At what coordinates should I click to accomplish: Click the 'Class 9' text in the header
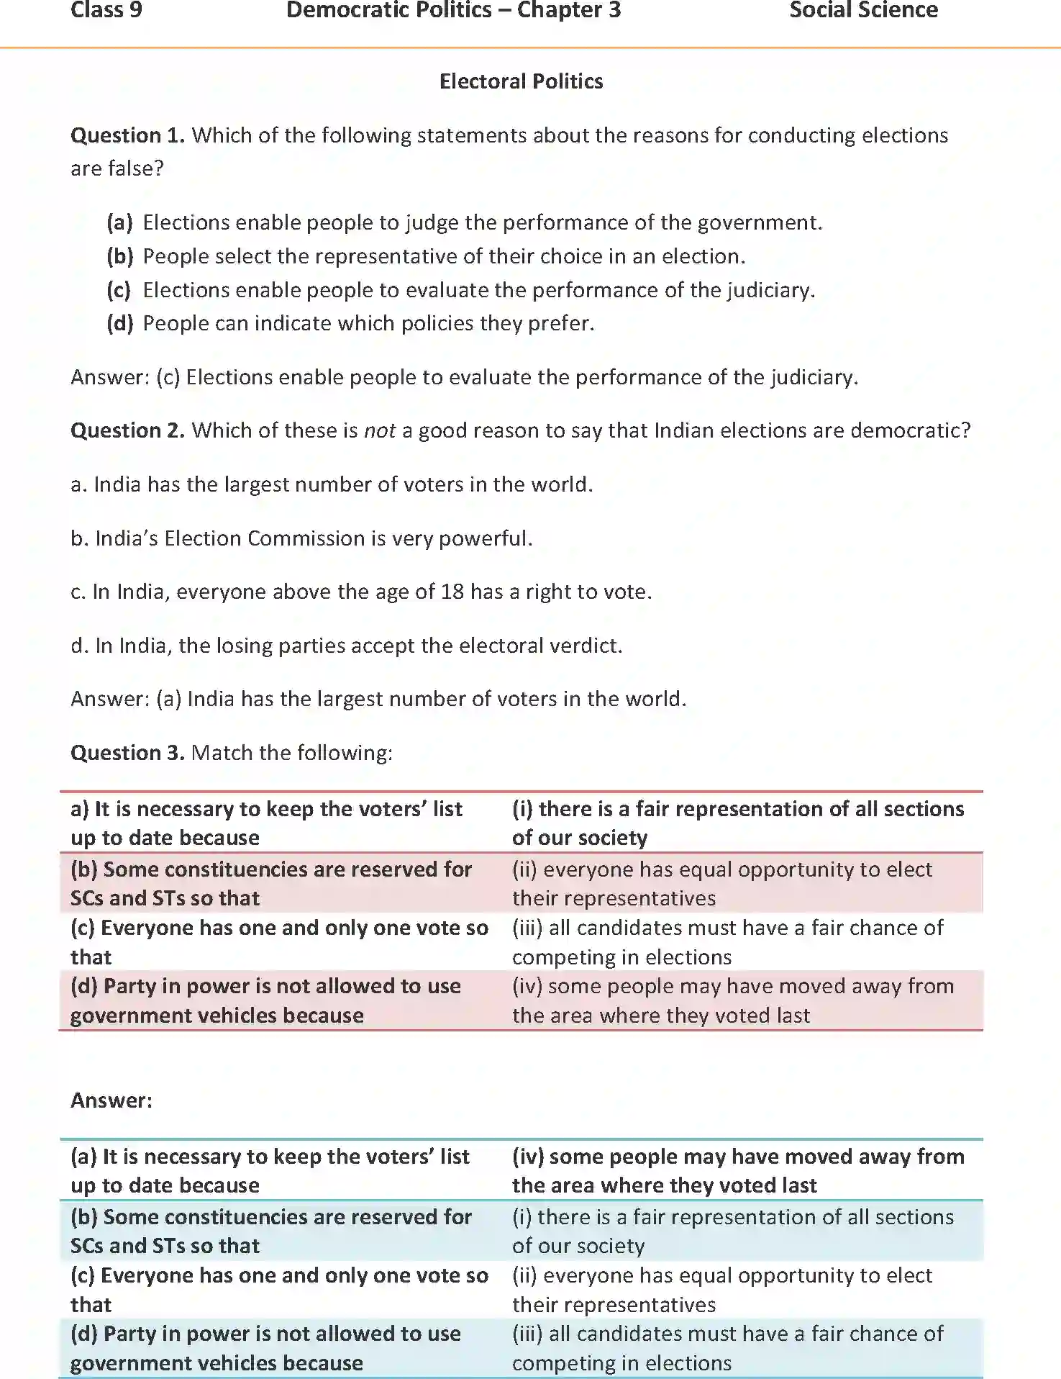(x=106, y=11)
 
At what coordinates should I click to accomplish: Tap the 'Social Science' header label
(x=863, y=11)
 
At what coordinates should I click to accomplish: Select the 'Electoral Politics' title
(x=521, y=81)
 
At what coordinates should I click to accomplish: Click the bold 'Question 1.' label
(x=127, y=135)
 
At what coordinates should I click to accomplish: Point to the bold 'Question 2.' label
(x=127, y=430)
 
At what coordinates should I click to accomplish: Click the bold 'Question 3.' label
(x=127, y=753)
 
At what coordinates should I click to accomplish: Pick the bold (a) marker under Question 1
(x=119, y=222)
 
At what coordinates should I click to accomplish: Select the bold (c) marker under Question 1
(x=119, y=290)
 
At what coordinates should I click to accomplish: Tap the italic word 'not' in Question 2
(x=380, y=430)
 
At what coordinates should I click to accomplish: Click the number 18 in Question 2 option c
(x=452, y=592)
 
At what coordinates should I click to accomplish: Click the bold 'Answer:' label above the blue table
(x=111, y=1100)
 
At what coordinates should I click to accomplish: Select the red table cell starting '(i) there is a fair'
(x=737, y=823)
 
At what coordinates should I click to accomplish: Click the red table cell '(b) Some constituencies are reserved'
(x=271, y=883)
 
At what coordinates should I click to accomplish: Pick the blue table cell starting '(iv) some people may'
(x=737, y=1170)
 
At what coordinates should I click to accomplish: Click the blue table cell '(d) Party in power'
(x=265, y=1348)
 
